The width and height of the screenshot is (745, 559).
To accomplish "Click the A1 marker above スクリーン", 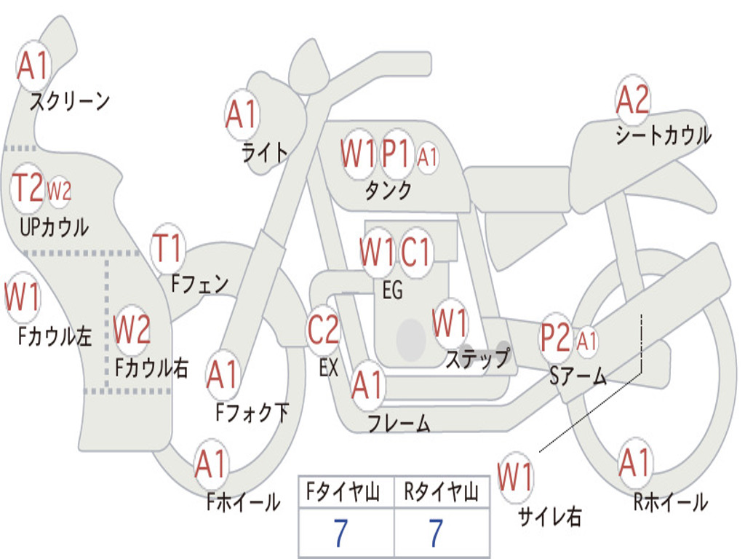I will click(32, 66).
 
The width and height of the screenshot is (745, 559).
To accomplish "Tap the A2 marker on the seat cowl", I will click(632, 100).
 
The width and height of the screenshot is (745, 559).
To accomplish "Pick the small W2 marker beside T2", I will click(59, 191).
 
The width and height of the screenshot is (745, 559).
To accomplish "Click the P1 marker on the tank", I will click(397, 154).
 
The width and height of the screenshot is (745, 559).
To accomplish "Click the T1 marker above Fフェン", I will click(168, 250).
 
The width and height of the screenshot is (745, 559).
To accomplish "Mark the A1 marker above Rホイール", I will click(634, 464).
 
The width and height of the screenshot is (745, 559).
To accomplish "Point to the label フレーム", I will click(399, 424).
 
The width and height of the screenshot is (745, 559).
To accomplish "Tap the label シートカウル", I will click(663, 135).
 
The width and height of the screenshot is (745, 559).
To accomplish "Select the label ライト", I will click(265, 152).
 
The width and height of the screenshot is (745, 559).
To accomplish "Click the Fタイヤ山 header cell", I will click(346, 493).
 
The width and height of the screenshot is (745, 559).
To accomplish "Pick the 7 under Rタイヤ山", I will click(436, 534).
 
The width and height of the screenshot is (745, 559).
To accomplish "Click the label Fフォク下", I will click(252, 413).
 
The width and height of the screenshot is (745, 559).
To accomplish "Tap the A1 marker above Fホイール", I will click(211, 464).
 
